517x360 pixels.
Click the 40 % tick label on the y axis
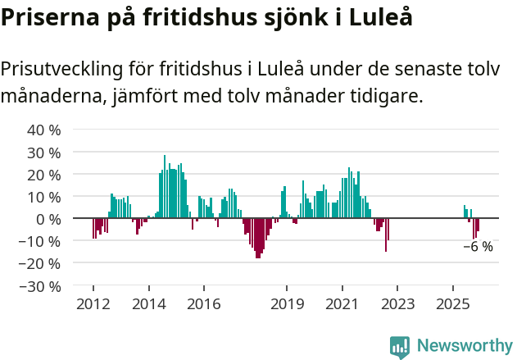point(44,130)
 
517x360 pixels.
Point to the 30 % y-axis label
point(44,153)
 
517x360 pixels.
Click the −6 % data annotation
point(478,246)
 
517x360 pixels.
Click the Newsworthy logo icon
point(400,347)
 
